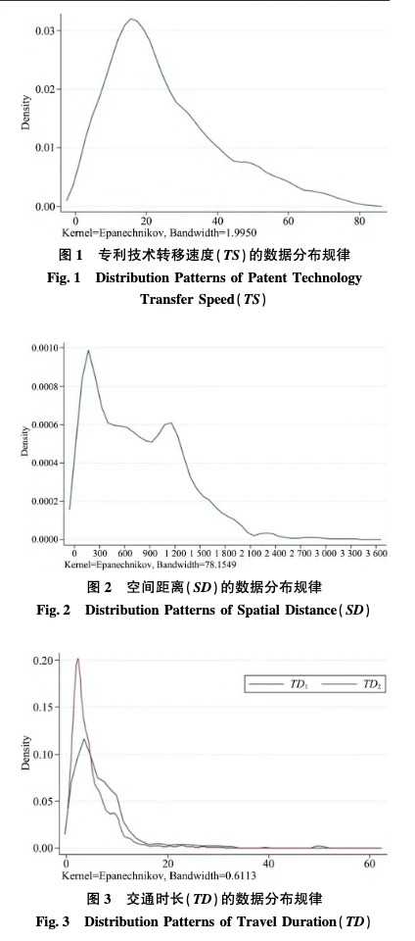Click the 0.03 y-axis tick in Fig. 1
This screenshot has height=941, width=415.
(43, 30)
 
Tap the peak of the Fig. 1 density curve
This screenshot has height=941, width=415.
(131, 19)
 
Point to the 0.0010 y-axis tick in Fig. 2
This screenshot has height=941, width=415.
(39, 348)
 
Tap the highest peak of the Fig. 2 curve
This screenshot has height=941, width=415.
(89, 350)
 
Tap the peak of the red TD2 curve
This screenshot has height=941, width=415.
(76, 659)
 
